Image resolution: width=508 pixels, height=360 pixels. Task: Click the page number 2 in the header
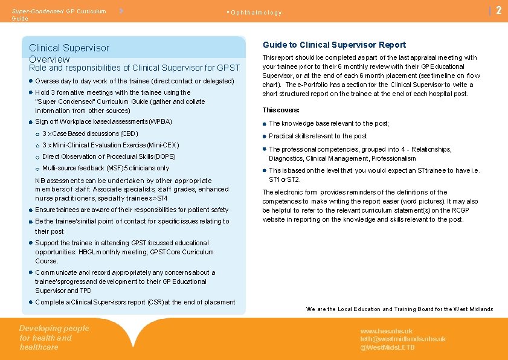pyautogui.click(x=498, y=10)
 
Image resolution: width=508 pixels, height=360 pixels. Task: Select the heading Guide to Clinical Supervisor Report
pyautogui.click(x=334, y=45)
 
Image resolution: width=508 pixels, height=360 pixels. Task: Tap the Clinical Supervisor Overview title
pyautogui.click(x=69, y=53)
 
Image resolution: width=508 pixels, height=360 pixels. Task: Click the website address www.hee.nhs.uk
pyautogui.click(x=387, y=331)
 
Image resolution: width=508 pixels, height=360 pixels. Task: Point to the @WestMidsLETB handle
pyautogui.click(x=388, y=347)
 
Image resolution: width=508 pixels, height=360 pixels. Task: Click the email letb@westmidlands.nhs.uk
pyautogui.click(x=403, y=339)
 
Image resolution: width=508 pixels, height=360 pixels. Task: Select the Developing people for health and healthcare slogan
pyautogui.click(x=54, y=338)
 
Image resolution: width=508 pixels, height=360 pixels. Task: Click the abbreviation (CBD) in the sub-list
pyautogui.click(x=129, y=133)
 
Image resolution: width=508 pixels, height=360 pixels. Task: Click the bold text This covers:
pyautogui.click(x=281, y=110)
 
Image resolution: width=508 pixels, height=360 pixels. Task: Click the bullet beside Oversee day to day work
pyautogui.click(x=31, y=81)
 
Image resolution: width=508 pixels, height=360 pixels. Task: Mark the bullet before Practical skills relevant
pyautogui.click(x=265, y=136)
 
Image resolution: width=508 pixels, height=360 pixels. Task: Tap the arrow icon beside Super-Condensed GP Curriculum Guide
pyautogui.click(x=122, y=11)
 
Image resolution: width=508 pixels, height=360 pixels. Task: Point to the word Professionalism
pyautogui.click(x=393, y=158)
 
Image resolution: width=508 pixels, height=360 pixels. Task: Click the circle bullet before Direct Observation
pyautogui.click(x=37, y=157)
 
